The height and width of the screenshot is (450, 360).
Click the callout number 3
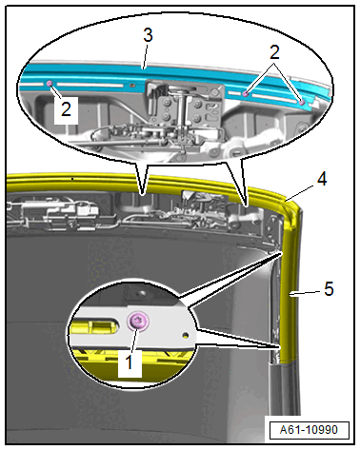(148, 35)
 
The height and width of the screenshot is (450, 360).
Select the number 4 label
(322, 179)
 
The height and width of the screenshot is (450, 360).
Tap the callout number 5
(329, 289)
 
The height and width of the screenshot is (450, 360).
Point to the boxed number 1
(129, 362)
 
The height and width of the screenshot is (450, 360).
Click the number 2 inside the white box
(66, 108)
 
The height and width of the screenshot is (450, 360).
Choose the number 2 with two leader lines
(274, 52)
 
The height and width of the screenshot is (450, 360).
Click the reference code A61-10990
(309, 430)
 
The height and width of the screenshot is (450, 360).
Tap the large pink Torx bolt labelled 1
(138, 322)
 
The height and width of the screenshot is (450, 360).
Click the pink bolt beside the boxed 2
(50, 83)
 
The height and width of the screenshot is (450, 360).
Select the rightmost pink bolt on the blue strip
(302, 102)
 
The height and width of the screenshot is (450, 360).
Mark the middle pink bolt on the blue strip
(245, 93)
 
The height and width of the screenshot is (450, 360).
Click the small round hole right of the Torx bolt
(185, 334)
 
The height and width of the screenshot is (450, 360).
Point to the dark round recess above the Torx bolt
(140, 291)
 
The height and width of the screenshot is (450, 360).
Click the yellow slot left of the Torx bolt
(94, 326)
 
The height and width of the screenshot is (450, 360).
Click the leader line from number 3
(145, 56)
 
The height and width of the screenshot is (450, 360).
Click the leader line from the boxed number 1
(134, 339)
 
